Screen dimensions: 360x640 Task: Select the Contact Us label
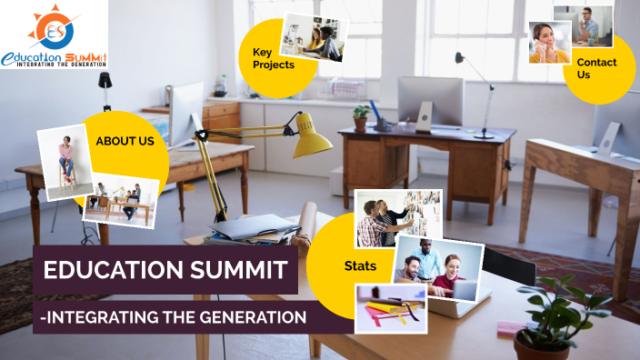(x=596, y=68)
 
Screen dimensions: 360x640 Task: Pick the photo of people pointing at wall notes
(x=397, y=218)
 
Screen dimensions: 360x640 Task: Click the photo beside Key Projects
(x=312, y=37)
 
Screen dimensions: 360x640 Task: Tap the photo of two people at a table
(x=121, y=199)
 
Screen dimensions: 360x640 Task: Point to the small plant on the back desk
(x=362, y=116)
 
